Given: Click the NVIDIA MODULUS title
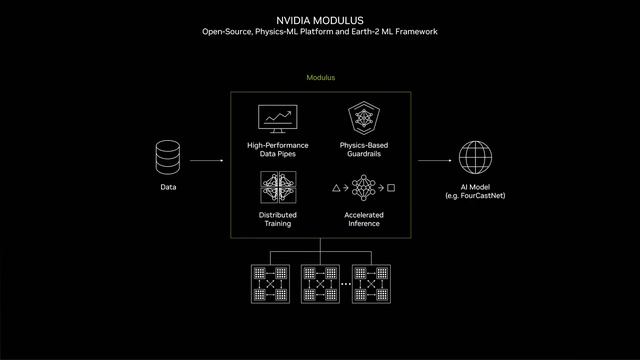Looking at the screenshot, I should [x=320, y=19].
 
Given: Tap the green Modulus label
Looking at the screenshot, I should [x=320, y=78].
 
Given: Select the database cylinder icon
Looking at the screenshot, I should [x=168, y=157].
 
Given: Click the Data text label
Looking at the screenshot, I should [x=168, y=187].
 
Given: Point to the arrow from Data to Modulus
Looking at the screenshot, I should [x=206, y=160].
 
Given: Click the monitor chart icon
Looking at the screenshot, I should [x=278, y=120].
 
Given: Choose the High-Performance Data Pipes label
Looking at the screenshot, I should [x=278, y=149].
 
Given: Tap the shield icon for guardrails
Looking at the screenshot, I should [x=363, y=120].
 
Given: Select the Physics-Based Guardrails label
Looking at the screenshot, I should [x=363, y=149].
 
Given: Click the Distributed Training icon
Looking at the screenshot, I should [x=278, y=187].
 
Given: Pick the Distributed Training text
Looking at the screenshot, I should [x=278, y=219].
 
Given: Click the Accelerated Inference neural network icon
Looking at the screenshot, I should [x=363, y=187].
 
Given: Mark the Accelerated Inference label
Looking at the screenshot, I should [x=363, y=219].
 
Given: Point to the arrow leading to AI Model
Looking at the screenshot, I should [x=434, y=160].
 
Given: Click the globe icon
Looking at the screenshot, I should [x=475, y=158].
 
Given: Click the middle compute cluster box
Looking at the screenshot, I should [x=321, y=284].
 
